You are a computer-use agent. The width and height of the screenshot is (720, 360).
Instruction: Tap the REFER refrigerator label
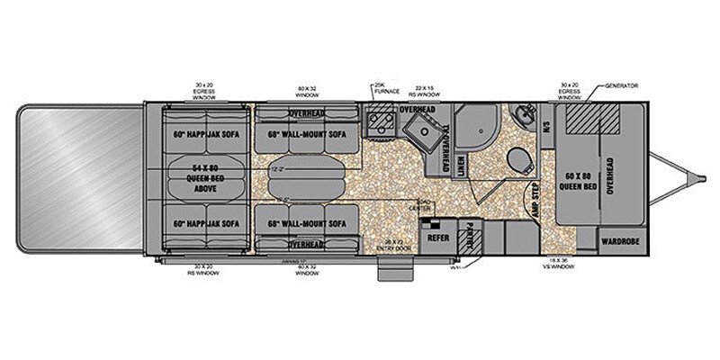point(438,238)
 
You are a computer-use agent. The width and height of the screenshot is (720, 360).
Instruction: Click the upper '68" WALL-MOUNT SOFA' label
point(306,134)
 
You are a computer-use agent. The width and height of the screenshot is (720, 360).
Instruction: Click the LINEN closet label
point(462,162)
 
